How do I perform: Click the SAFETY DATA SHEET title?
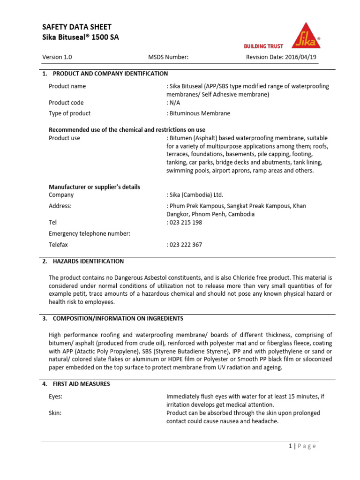pos(77,27)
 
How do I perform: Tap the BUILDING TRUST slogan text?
pos(263,46)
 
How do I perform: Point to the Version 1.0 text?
pos(57,57)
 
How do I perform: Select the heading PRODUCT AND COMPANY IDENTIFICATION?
pos(110,74)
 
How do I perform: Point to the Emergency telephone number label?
pos(90,233)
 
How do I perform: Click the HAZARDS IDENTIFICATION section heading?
pos(88,261)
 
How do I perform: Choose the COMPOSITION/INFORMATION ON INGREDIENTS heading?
pos(118,318)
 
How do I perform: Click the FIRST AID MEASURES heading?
pos(81,384)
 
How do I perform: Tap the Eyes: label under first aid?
pos(56,396)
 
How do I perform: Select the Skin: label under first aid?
pos(55,412)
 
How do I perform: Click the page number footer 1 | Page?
pos(302,446)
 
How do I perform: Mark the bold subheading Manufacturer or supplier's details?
pos(94,187)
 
